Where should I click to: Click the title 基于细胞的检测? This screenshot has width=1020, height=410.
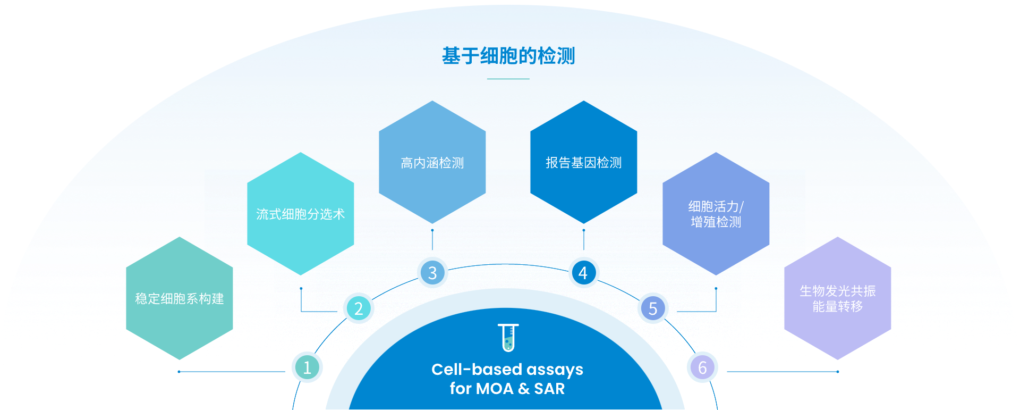[x=508, y=56]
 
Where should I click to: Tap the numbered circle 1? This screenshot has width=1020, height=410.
[x=307, y=367]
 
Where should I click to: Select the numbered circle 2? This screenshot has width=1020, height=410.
[x=359, y=308]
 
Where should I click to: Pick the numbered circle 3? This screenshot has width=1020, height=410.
[x=432, y=273]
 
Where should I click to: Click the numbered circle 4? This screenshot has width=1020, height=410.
[x=583, y=273]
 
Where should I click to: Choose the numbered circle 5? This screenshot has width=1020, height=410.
[x=653, y=308]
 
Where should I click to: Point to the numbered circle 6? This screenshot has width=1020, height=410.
[x=702, y=367]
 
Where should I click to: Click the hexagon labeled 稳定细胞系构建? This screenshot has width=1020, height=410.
[x=180, y=298]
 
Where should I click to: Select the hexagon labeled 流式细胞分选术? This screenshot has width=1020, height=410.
[x=301, y=214]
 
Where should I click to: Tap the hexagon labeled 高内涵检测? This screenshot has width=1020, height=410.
[x=432, y=162]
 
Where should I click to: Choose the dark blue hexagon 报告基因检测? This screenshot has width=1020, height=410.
[x=584, y=162]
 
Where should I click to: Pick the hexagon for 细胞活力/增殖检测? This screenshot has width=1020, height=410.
[x=716, y=214]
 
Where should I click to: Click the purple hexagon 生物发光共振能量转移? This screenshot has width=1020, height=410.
[x=838, y=298]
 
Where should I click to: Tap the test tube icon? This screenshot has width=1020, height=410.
[x=508, y=338]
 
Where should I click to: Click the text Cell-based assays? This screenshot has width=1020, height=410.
[x=507, y=369]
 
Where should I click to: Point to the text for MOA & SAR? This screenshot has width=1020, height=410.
[x=507, y=389]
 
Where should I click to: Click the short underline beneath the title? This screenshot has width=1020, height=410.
[x=508, y=79]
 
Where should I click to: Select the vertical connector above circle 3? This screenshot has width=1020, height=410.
[x=432, y=240]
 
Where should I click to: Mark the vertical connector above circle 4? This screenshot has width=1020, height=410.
[x=584, y=240]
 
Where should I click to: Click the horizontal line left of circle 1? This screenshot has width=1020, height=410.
[x=232, y=372]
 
